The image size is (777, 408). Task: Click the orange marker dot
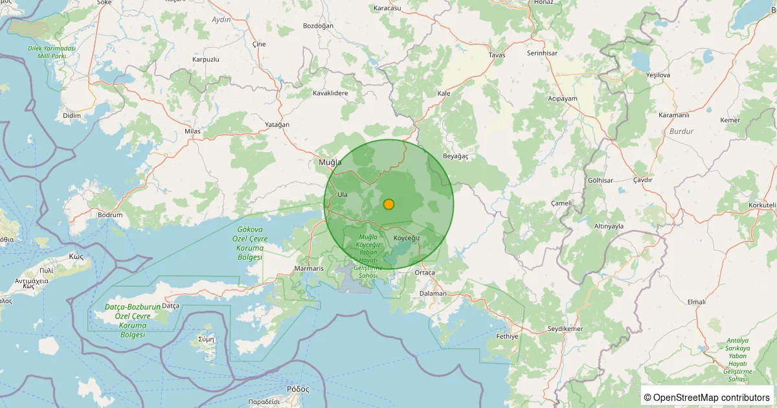click(x=388, y=204)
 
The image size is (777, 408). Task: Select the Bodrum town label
click(x=109, y=214)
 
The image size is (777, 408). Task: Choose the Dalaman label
click(x=433, y=293)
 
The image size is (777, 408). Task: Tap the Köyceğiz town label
click(x=407, y=238)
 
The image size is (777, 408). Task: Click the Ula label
click(x=343, y=194)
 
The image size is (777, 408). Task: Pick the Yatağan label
click(x=277, y=124)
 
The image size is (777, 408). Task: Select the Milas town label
click(x=192, y=131)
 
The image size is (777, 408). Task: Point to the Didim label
click(x=72, y=115)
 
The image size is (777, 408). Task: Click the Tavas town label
click(x=497, y=55)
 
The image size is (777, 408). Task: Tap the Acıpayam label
click(x=562, y=98)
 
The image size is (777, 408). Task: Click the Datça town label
click(x=170, y=306)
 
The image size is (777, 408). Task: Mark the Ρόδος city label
click(x=298, y=389)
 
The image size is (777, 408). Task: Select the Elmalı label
click(x=696, y=302)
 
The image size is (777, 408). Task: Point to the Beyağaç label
click(x=455, y=156)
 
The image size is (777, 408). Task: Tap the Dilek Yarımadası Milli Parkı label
click(x=52, y=52)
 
